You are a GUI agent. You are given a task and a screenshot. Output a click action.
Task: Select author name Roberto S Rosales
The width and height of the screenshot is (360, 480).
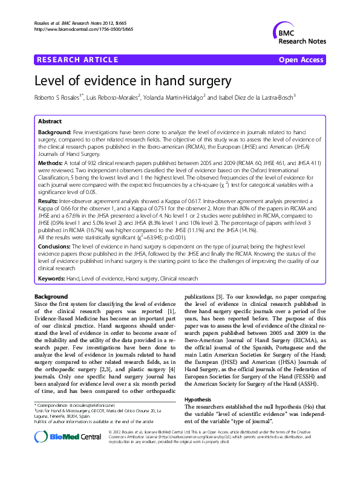point(59,98)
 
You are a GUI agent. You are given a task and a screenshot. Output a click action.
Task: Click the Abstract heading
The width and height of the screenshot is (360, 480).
point(50,121)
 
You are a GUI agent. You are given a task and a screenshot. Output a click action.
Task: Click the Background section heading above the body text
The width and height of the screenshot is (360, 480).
point(51,297)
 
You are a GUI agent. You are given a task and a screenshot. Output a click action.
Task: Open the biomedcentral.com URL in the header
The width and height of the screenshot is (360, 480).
point(84,28)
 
